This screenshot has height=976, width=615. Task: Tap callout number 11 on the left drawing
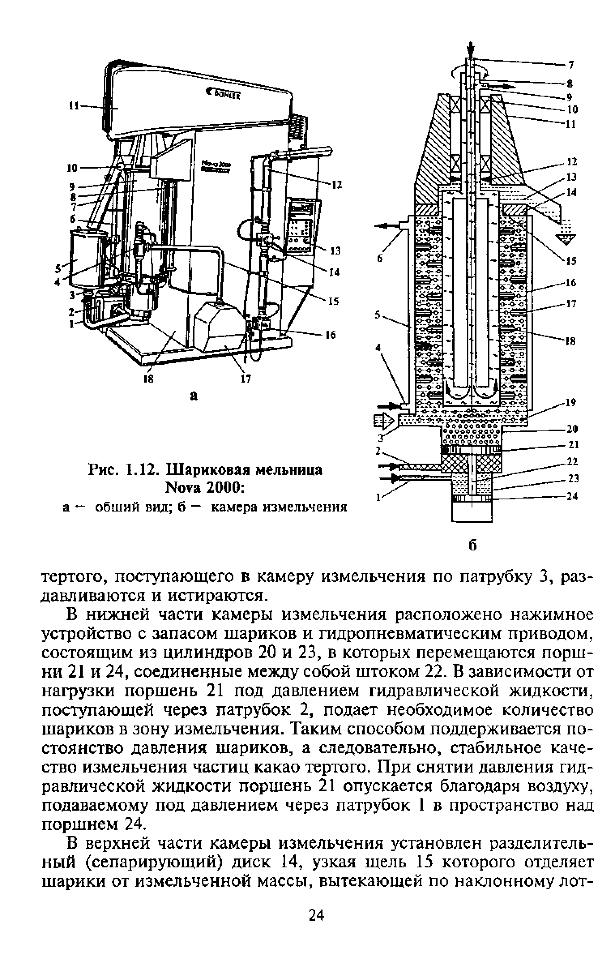[74, 106]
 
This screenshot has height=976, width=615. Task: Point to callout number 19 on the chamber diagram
[571, 403]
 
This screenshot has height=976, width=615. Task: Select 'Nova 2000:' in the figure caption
[204, 488]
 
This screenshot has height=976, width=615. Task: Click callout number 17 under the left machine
[246, 379]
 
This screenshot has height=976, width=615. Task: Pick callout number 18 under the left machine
[149, 379]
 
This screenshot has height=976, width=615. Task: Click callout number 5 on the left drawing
[58, 268]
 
